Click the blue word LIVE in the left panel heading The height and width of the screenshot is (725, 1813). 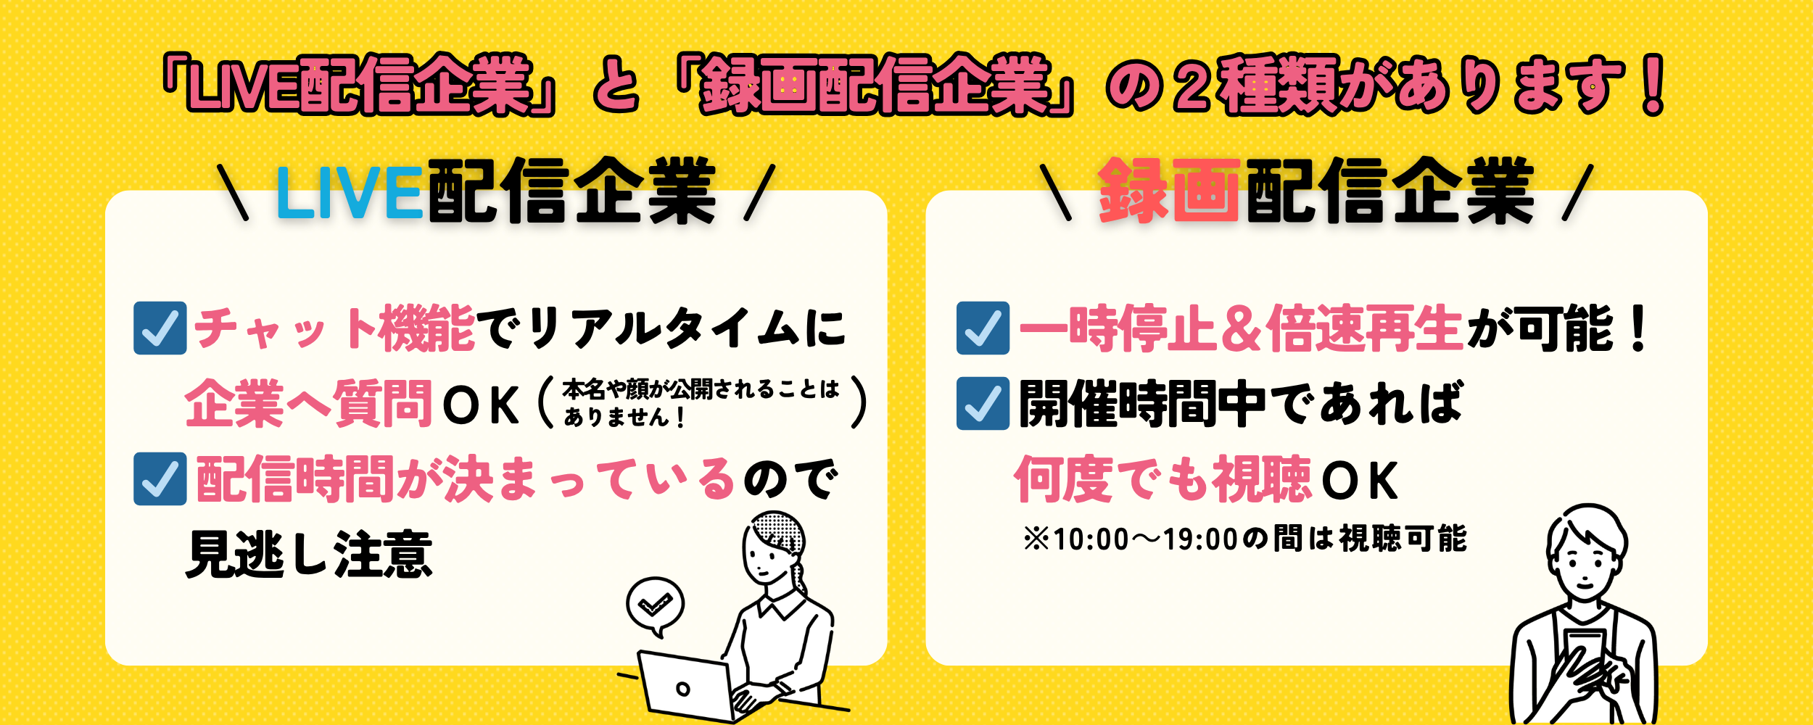(x=349, y=192)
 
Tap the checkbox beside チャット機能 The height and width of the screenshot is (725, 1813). (x=160, y=328)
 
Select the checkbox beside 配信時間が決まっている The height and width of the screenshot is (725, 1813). (x=160, y=478)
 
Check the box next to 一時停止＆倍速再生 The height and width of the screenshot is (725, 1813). (x=983, y=328)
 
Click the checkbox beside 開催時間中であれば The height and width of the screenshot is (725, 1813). (x=983, y=403)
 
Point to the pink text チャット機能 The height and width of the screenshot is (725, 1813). (x=334, y=328)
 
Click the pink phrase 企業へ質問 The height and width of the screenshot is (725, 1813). (x=309, y=404)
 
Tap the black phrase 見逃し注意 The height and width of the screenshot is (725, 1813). (x=309, y=555)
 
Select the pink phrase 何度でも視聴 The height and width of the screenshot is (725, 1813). (x=1162, y=479)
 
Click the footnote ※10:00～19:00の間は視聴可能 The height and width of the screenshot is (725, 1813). (x=1244, y=539)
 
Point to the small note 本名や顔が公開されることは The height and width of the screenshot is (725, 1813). (x=701, y=389)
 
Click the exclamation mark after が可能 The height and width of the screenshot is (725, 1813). (x=1638, y=328)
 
